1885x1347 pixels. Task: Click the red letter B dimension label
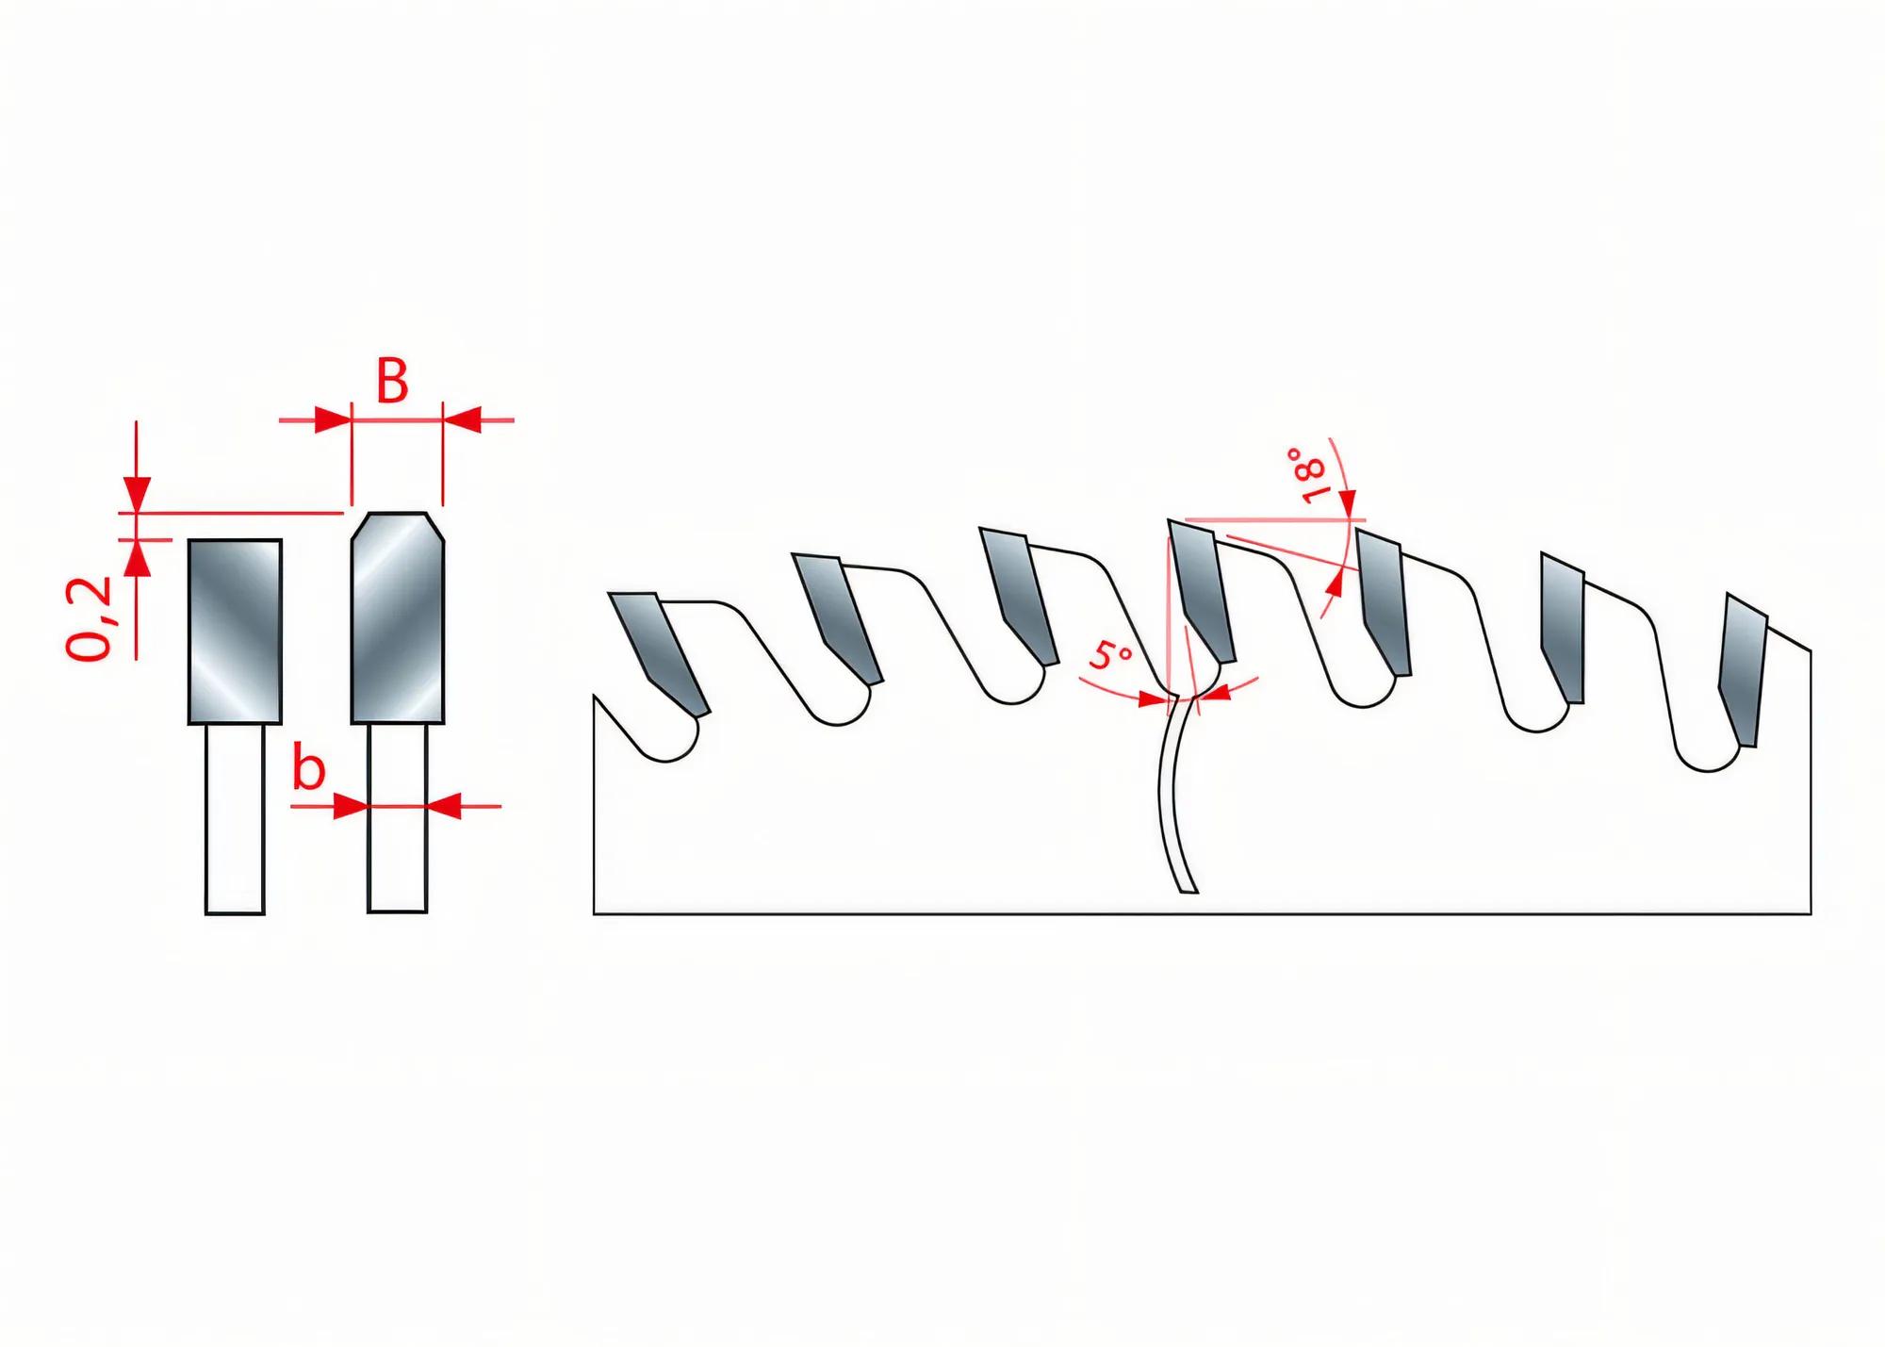point(392,382)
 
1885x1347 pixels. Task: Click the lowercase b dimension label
point(308,769)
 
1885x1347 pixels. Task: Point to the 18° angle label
point(1307,476)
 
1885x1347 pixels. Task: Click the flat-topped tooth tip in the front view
point(235,632)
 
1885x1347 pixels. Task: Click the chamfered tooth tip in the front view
point(398,617)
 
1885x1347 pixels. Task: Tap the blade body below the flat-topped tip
point(235,819)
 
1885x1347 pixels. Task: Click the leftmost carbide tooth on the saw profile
point(660,650)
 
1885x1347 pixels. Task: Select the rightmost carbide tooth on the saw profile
point(1741,669)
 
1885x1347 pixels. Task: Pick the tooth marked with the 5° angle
point(1202,589)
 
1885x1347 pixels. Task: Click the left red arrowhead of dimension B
point(332,419)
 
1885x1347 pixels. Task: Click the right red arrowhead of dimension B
point(462,419)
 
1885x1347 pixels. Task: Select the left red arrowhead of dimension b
point(351,806)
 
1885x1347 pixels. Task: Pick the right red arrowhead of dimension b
point(444,806)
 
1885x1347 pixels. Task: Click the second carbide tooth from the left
point(837,617)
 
